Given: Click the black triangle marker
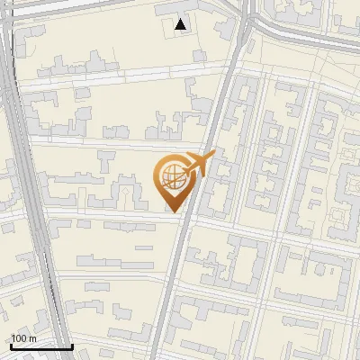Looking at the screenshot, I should click(181, 25).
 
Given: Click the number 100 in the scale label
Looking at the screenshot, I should click(19, 338).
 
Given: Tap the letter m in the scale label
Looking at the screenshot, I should click(31, 338).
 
